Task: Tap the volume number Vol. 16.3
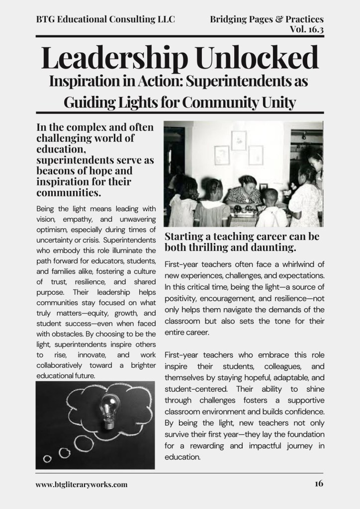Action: click(306, 29)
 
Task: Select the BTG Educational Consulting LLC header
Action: click(105, 20)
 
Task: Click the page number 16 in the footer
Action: click(319, 483)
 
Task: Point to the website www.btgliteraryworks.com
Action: click(82, 484)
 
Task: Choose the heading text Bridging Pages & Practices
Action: click(267, 19)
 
